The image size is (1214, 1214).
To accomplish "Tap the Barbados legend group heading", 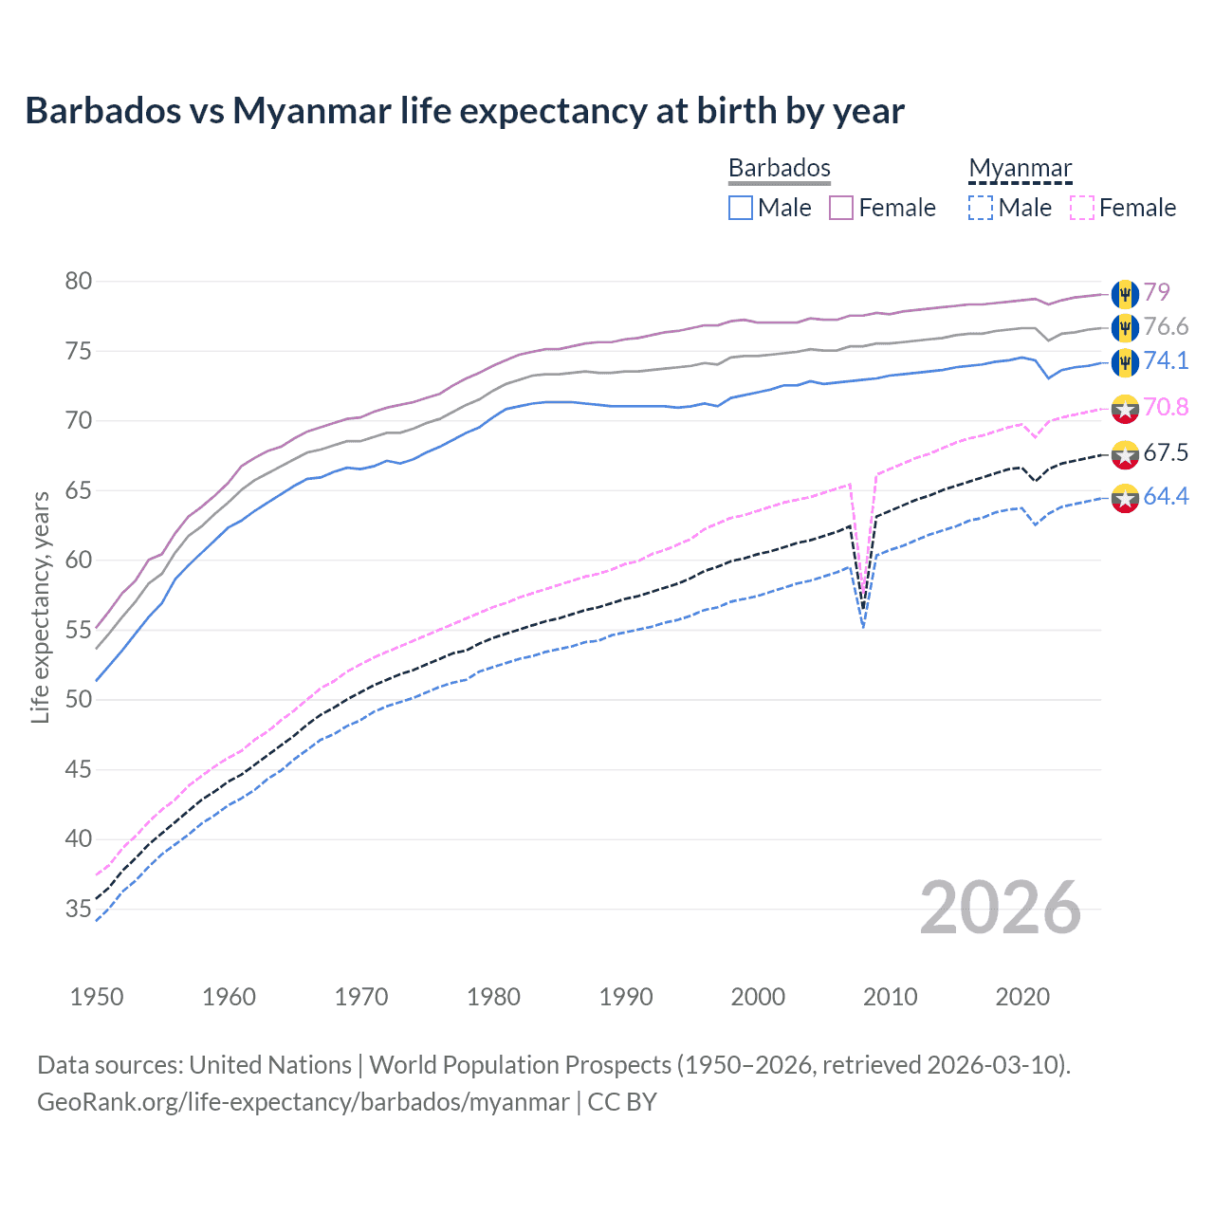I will click(779, 168).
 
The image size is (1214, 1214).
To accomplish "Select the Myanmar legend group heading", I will click(1020, 168).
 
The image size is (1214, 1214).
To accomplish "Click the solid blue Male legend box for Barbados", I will click(741, 208).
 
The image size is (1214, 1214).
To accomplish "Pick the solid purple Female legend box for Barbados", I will click(841, 208).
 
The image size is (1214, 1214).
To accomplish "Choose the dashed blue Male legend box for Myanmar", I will click(981, 208).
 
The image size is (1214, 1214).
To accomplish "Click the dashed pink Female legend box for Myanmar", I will click(1082, 208).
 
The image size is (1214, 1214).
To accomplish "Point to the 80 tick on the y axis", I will click(79, 282).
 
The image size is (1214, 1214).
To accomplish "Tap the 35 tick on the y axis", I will click(79, 910).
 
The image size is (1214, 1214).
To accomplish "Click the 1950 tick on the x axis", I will click(97, 997).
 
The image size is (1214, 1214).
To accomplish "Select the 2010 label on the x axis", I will click(890, 997).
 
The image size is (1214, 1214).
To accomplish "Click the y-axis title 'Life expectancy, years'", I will click(40, 607).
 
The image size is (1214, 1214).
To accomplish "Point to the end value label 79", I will click(1156, 292).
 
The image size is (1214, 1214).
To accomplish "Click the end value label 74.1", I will click(1166, 360).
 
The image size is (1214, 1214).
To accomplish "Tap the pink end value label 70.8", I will click(1166, 408).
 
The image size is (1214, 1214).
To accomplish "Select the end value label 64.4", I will click(1166, 497).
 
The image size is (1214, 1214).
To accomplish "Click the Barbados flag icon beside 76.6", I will click(1125, 328).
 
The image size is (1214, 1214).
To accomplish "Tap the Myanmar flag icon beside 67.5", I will click(1125, 454).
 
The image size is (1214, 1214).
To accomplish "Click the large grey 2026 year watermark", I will click(1001, 909).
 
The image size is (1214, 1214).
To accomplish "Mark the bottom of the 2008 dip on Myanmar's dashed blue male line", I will click(863, 627).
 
